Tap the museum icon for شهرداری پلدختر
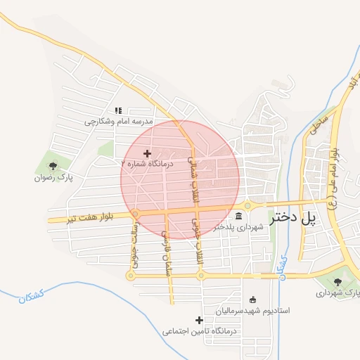point(239,216)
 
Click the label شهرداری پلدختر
point(239,227)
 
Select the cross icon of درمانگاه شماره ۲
point(147,153)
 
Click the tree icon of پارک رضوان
point(53,167)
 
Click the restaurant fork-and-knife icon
point(119,110)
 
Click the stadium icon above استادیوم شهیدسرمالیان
point(253,300)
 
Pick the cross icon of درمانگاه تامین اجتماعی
point(200,320)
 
